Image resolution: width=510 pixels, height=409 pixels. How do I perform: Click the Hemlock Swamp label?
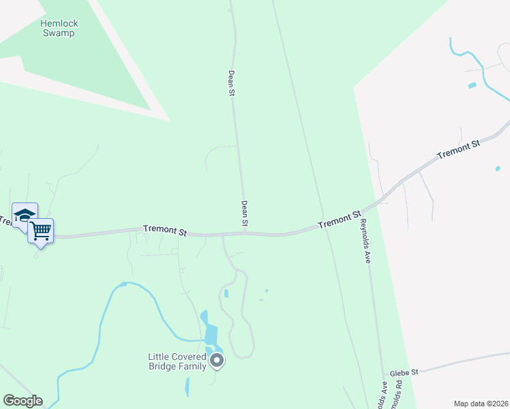point(59,28)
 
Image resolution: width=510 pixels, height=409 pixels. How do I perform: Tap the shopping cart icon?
point(41,232)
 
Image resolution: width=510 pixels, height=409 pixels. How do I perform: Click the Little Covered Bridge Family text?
point(177,361)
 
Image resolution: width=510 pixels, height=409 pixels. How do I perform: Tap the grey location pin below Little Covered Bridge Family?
point(217,361)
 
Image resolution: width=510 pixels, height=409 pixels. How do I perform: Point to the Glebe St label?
point(404,373)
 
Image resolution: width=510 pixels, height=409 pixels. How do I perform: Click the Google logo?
point(22,401)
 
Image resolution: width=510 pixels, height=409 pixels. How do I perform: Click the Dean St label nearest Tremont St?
point(244,213)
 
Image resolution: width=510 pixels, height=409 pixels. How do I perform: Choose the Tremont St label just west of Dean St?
point(165,231)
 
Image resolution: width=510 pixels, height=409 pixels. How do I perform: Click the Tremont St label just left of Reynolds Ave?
point(339,219)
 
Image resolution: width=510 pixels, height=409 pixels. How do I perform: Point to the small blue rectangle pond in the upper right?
point(472,85)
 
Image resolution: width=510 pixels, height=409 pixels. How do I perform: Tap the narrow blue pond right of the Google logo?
point(187,387)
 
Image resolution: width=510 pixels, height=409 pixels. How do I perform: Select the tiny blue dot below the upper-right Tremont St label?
point(498,168)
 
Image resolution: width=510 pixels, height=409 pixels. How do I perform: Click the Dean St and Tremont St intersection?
point(245,233)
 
